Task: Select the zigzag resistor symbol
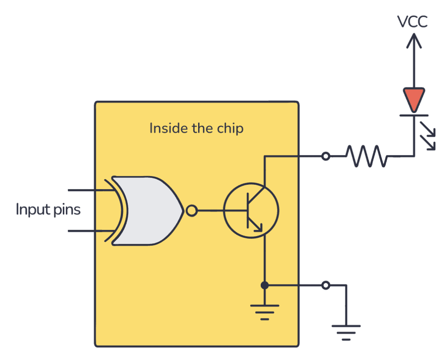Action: (x=367, y=156)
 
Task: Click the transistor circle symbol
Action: (x=251, y=212)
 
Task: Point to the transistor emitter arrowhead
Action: (x=258, y=227)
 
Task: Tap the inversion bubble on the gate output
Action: (x=191, y=212)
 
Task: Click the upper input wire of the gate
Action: (x=87, y=191)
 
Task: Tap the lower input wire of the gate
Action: (x=87, y=230)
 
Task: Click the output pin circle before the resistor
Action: (x=325, y=156)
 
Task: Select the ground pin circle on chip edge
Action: (x=325, y=286)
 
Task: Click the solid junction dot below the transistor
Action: (x=264, y=286)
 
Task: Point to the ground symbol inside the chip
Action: (x=264, y=312)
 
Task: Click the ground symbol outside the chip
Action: (x=346, y=332)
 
